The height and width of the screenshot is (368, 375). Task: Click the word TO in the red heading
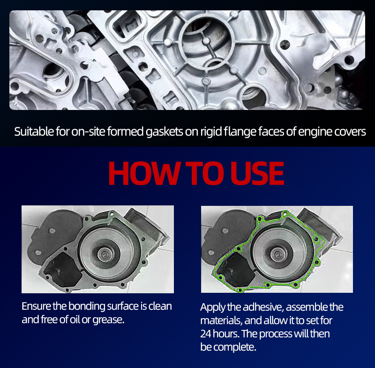pos(205,173)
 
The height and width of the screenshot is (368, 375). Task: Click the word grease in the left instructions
pos(109,320)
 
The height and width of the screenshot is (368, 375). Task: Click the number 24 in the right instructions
pos(205,334)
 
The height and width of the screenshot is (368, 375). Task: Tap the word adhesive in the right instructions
pos(263,307)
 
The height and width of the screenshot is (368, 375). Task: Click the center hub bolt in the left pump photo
pos(105,254)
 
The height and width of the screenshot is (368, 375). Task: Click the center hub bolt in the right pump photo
pos(278,255)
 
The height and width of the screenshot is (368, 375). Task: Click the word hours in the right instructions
pos(225,334)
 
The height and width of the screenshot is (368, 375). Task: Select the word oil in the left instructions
pos(75,320)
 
